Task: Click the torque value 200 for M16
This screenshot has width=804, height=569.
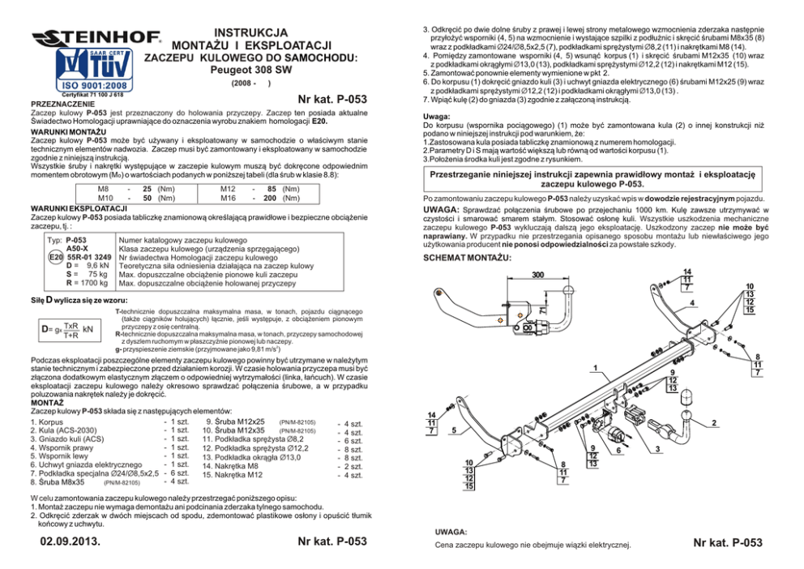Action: pyautogui.click(x=273, y=198)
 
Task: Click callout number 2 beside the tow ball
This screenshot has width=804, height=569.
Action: pyautogui.click(x=713, y=423)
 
